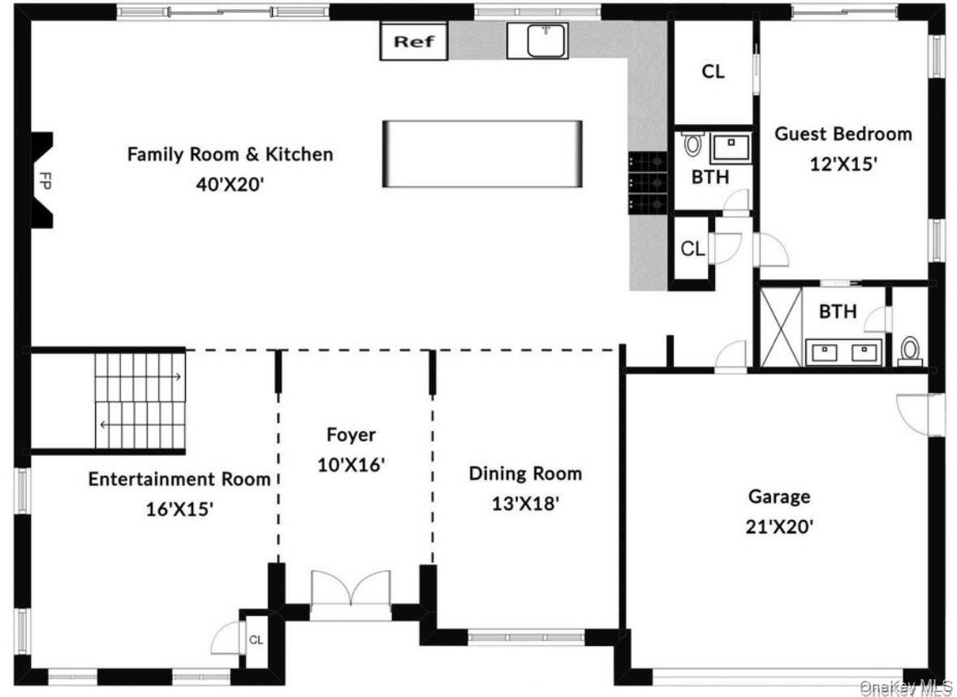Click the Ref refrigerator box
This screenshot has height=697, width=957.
coord(414,42)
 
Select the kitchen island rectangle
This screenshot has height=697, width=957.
coord(482,154)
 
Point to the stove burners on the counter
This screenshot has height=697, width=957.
coord(647,183)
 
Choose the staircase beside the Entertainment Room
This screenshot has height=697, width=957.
coord(140,399)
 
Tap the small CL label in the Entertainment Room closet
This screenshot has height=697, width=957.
coord(256,640)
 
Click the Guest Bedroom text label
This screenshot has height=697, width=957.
coord(843,134)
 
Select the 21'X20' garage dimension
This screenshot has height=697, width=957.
coord(778,527)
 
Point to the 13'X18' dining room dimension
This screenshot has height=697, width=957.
coord(525,504)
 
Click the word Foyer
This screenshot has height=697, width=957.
coord(351,435)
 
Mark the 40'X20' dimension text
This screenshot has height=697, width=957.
coord(230,183)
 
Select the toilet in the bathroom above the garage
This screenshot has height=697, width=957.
coord(911,351)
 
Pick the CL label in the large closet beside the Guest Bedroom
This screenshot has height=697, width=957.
coord(713,72)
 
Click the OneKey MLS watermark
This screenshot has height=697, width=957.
coord(906,688)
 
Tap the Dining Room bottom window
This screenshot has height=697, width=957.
coord(526,638)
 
